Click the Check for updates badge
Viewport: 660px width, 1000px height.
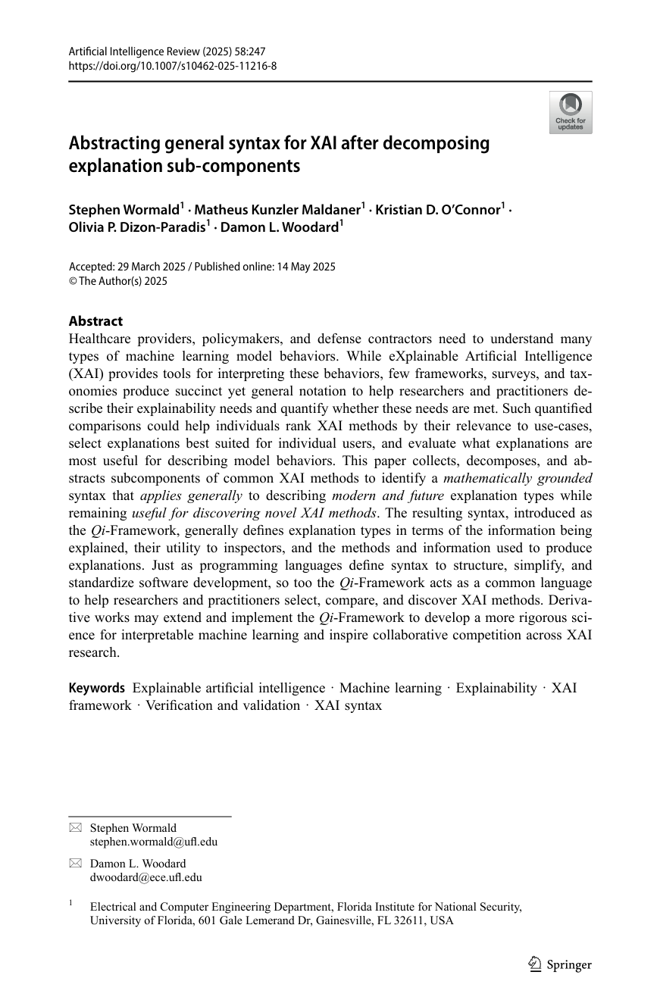[570, 112]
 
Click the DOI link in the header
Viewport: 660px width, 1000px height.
[172, 65]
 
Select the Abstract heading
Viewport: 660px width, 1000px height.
[95, 321]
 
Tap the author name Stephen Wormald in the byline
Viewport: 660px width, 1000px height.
[124, 210]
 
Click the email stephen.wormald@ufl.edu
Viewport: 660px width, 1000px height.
[153, 841]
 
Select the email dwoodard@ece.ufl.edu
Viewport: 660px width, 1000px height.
[145, 877]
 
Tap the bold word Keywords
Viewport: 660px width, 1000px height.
[96, 688]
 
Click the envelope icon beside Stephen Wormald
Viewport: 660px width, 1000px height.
[75, 828]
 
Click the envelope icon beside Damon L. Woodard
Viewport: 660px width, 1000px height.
[75, 864]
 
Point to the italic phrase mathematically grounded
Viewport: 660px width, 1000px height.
[518, 478]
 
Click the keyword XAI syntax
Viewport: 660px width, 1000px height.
[349, 705]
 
